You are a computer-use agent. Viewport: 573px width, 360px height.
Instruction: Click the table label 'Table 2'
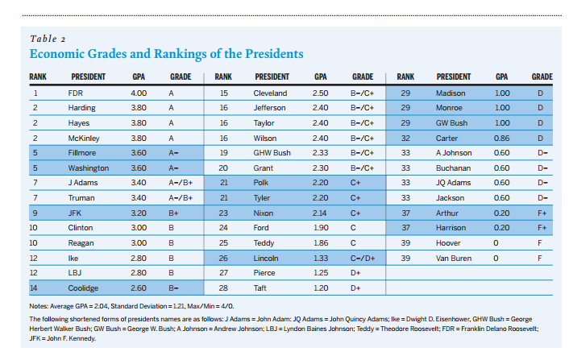[x=48, y=39]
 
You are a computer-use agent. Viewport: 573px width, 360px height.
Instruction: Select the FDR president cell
[x=75, y=93]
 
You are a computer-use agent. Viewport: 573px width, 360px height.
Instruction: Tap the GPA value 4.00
[x=139, y=93]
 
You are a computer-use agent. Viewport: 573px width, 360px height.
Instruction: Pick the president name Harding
[x=81, y=107]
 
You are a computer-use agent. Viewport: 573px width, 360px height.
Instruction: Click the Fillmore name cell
[x=82, y=152]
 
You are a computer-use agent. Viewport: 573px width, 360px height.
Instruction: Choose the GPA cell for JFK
[x=139, y=213]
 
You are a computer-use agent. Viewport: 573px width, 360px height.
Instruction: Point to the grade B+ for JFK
[x=173, y=213]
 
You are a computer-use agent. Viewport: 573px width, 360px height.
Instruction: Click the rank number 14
[x=35, y=288]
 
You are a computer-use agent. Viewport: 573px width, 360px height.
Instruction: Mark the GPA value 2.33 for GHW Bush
[x=321, y=152]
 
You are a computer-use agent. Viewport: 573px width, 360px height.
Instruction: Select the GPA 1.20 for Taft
[x=321, y=288]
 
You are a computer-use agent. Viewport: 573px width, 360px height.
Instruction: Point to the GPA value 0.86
[x=502, y=138]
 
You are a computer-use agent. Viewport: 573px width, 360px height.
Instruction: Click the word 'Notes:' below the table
[x=40, y=308]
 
